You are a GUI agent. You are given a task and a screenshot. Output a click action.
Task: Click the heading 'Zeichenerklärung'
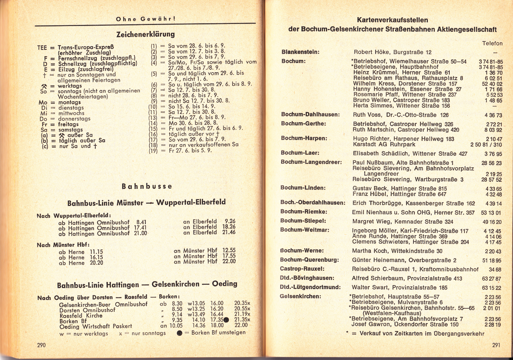[145, 34]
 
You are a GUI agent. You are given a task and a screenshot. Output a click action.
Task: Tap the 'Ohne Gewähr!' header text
[146, 19]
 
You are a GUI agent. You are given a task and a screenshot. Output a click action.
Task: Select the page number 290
[41, 345]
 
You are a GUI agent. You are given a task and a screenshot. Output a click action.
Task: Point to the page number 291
[496, 345]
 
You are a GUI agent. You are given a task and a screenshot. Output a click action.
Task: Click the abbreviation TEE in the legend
[42, 48]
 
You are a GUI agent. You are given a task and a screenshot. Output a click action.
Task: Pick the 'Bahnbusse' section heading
[147, 187]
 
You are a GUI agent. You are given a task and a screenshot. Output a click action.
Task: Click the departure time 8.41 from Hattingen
[141, 222]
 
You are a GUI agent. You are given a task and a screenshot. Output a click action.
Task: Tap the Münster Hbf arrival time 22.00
[229, 261]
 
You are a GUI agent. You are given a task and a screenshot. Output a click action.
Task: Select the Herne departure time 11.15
[96, 252]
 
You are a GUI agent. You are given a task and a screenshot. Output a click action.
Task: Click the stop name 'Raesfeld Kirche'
[81, 316]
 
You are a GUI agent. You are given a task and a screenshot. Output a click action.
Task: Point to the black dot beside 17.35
[226, 320]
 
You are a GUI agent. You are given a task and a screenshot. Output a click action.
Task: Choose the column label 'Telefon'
[492, 43]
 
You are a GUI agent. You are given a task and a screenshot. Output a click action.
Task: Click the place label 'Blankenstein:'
[300, 52]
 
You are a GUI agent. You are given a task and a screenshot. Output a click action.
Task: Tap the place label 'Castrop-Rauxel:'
[302, 269]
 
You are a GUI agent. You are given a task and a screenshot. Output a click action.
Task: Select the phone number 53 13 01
[491, 213]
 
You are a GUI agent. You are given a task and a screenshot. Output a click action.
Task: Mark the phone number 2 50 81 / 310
[486, 144]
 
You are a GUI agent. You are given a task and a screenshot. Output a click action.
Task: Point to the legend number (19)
[153, 151]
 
